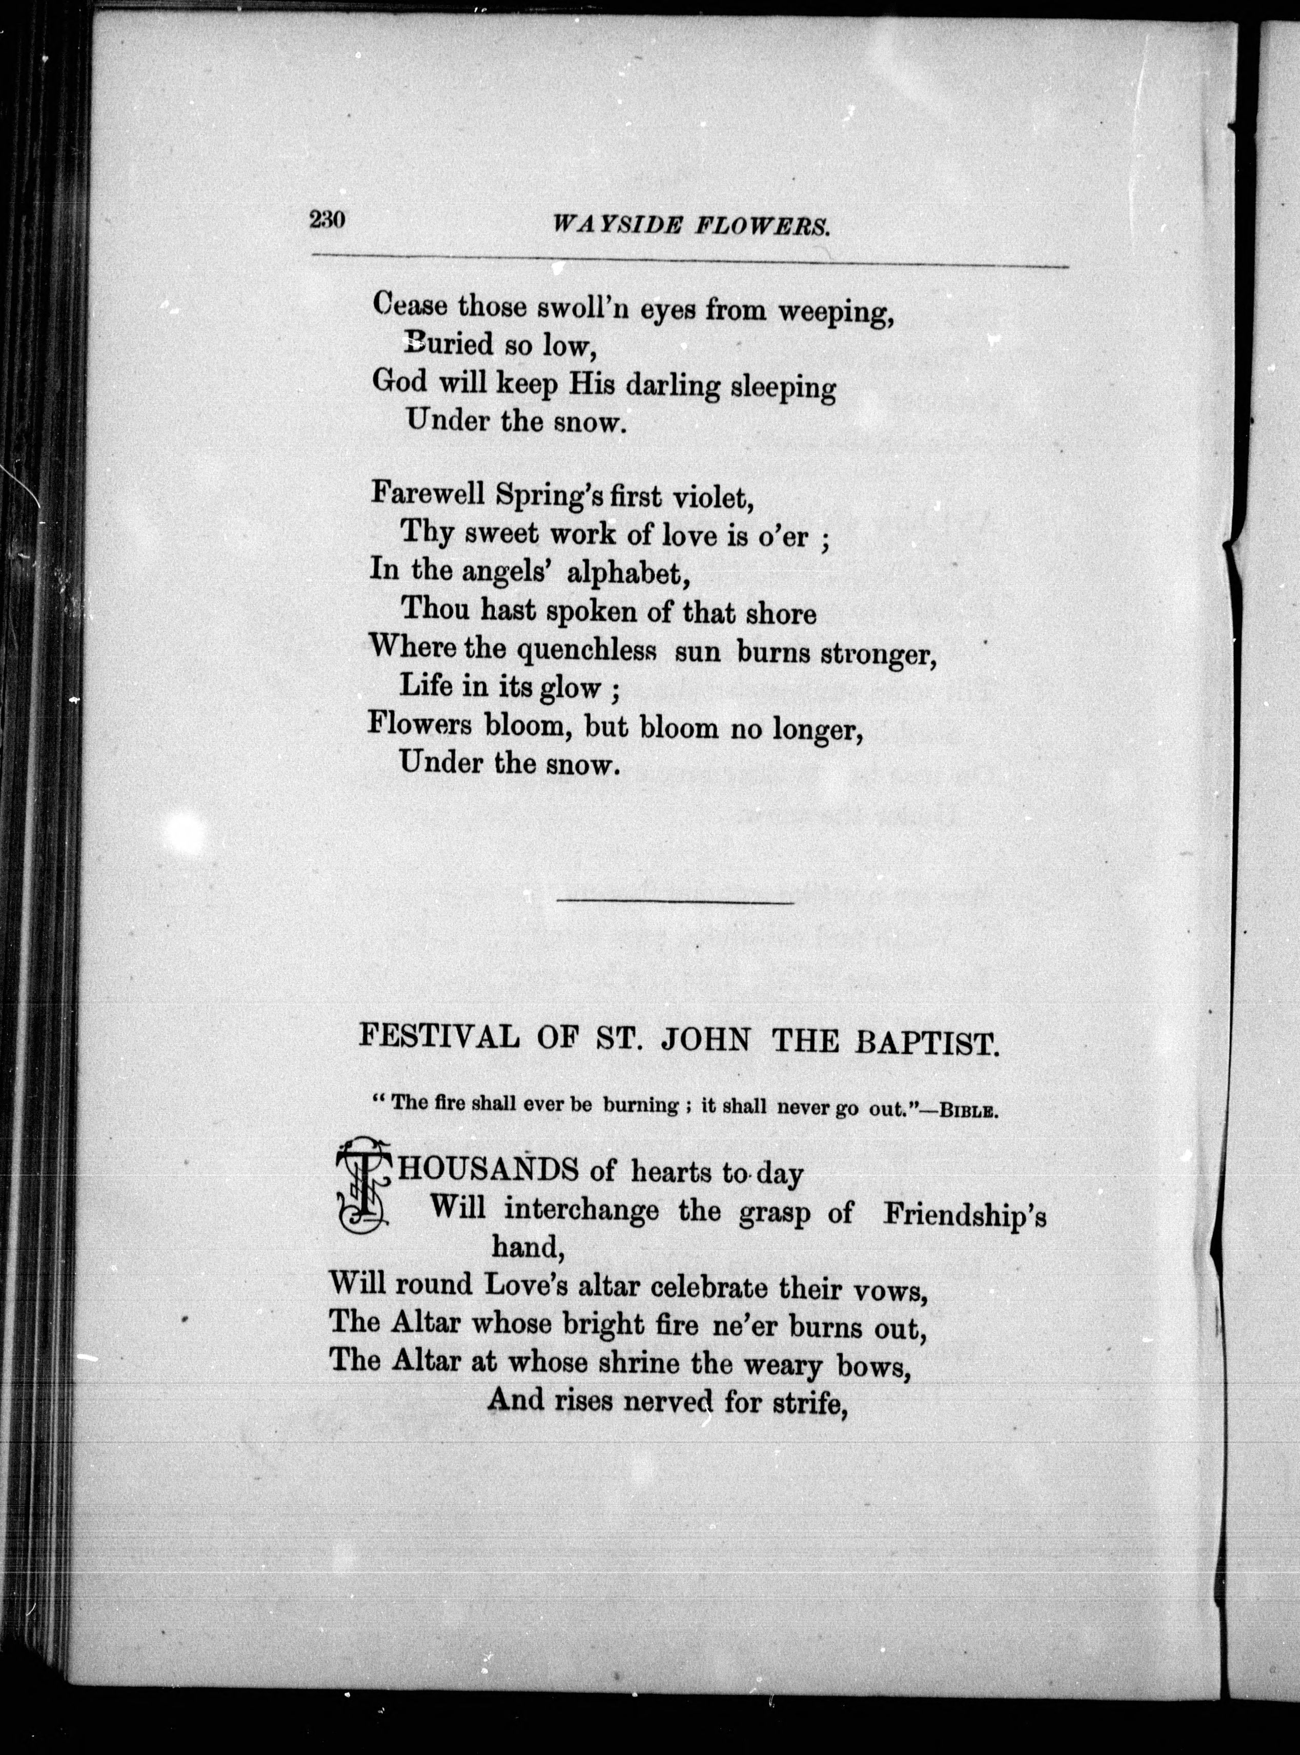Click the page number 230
[x=328, y=220]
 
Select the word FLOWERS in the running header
[x=763, y=228]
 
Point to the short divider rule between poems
[x=675, y=902]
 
